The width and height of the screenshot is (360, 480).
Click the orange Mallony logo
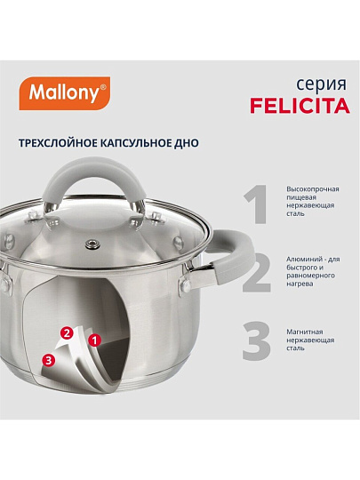(65, 93)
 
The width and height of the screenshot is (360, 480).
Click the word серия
(321, 84)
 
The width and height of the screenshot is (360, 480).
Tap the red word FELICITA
(300, 106)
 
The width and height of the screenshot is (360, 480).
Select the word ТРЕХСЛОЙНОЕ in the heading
(58, 143)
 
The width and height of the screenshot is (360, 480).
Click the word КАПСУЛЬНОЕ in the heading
(136, 143)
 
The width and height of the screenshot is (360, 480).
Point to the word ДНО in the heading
(187, 143)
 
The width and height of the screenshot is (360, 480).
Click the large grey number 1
(256, 204)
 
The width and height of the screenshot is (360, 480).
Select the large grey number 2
(257, 273)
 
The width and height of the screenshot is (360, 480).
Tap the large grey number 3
(257, 340)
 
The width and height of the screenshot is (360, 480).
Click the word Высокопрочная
(313, 189)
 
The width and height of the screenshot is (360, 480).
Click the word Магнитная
(305, 332)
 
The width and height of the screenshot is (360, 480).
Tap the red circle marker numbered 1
(94, 340)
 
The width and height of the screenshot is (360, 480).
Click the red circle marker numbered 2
(68, 332)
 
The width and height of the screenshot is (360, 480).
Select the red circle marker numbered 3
(48, 360)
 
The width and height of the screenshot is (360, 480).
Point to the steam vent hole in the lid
(92, 244)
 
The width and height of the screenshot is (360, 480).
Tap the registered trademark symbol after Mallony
(103, 87)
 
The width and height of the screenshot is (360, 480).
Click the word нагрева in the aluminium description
(300, 284)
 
